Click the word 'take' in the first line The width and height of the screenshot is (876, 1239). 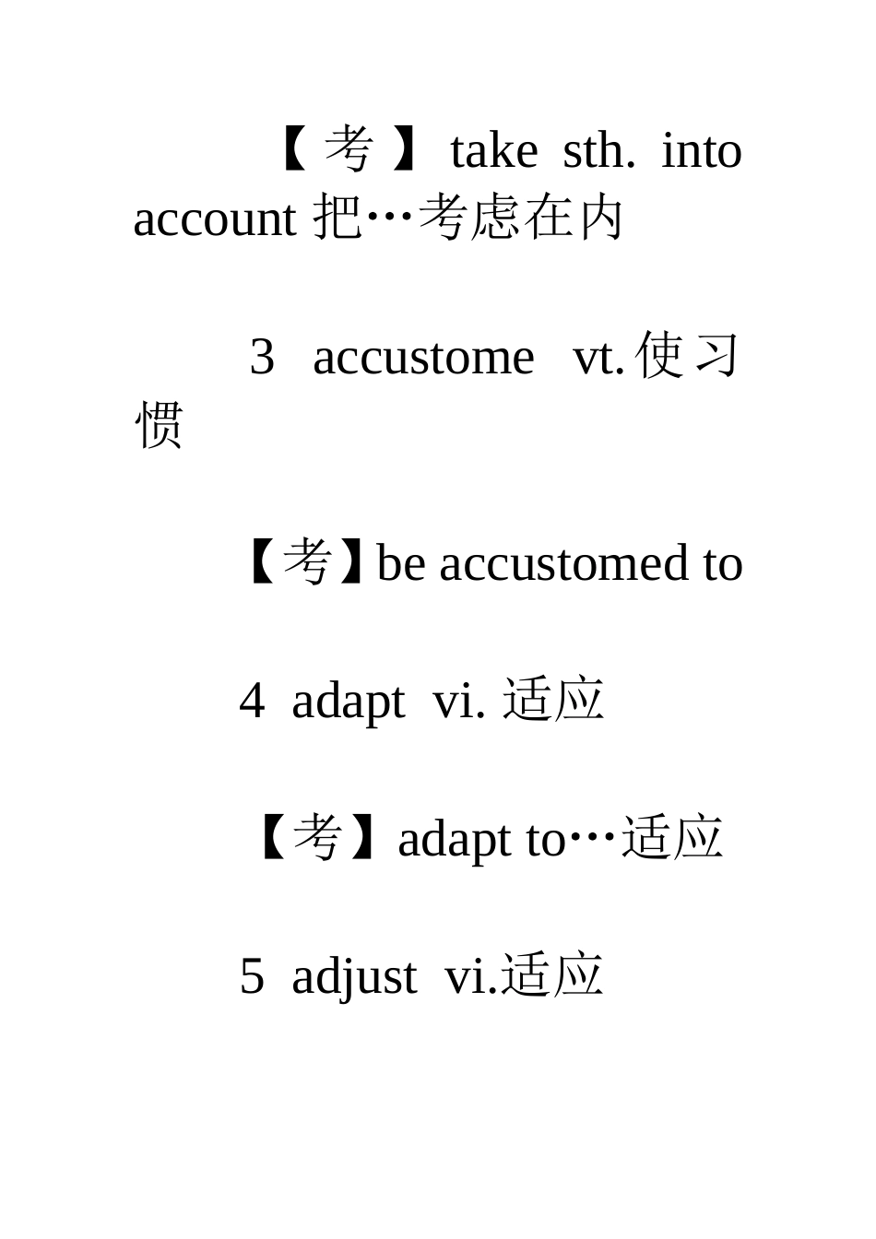point(493,152)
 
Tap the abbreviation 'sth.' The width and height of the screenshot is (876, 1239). point(598,152)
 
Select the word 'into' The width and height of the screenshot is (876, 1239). point(702,152)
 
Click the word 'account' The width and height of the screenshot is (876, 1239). point(214,219)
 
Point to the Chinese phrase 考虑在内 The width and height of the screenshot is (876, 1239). point(521,219)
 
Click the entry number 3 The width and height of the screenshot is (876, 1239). point(262,357)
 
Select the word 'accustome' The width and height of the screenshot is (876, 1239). point(423,357)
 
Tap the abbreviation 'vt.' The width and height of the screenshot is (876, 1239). point(598,357)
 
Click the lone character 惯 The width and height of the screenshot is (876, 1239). point(160,425)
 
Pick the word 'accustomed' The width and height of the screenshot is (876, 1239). point(564,563)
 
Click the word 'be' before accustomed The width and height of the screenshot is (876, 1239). point(401,563)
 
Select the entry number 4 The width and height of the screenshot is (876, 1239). point(252,701)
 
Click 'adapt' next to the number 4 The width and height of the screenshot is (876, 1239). point(348,701)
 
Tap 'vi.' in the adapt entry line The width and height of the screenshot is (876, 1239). point(458,701)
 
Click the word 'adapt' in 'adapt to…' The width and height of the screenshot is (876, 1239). point(455,839)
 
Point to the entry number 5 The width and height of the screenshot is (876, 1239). point(252,976)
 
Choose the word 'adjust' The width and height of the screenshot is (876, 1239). point(354,976)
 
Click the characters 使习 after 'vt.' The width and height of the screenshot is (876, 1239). point(688,357)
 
